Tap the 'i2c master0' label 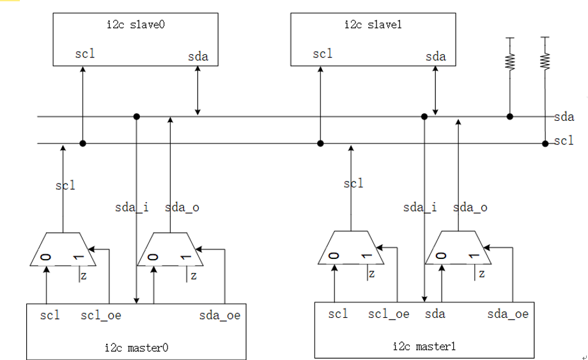click(136, 348)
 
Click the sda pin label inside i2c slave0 click(198, 57)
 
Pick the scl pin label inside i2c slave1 click(323, 54)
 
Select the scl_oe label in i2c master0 click(101, 315)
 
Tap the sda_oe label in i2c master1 click(507, 314)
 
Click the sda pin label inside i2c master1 click(435, 314)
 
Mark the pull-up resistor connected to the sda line click(510, 61)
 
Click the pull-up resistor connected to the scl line click(545, 61)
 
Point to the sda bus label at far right click(564, 116)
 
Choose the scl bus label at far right click(564, 141)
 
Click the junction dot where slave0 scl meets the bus click(82, 143)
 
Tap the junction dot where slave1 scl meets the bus click(320, 143)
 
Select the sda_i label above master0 click(132, 207)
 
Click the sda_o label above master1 click(470, 207)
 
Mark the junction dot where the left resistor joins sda click(509, 116)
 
